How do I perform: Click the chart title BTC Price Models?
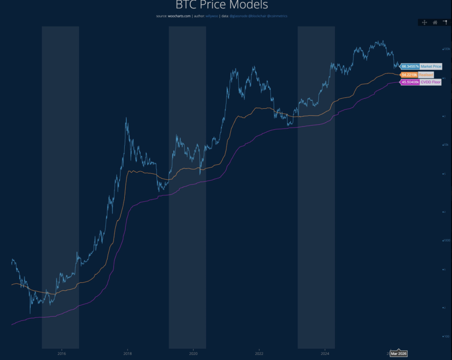click(221, 5)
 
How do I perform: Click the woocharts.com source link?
click(179, 16)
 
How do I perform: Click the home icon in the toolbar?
click(435, 22)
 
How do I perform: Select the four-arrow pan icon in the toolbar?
click(424, 22)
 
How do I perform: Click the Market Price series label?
click(431, 66)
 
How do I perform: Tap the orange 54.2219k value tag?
click(409, 75)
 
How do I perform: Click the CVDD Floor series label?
click(430, 82)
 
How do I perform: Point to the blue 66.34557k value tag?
click(410, 66)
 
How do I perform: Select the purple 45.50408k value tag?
click(410, 82)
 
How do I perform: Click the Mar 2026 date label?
click(398, 353)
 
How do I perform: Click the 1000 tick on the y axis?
click(446, 240)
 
